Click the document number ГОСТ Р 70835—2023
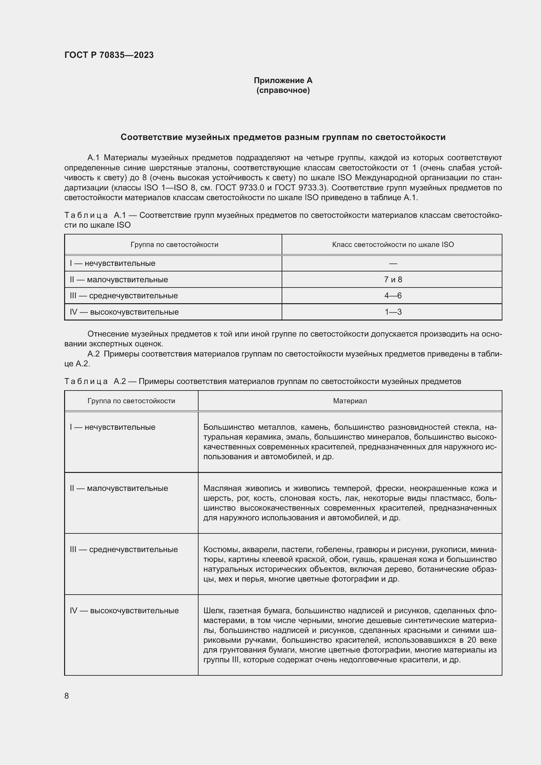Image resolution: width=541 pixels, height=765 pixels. click(109, 55)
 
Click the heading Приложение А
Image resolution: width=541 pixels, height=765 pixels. click(283, 80)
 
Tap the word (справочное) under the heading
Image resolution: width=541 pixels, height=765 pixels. click(283, 90)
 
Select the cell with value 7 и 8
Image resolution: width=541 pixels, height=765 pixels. click(393, 280)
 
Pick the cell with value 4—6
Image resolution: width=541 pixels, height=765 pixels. click(393, 296)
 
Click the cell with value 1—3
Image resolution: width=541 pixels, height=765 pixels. click(393, 312)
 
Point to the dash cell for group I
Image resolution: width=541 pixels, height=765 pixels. click(393, 263)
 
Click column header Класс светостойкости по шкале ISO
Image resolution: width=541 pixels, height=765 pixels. click(393, 245)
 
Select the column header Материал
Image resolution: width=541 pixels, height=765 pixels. click(350, 401)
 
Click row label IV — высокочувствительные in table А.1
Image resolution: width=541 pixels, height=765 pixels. click(124, 312)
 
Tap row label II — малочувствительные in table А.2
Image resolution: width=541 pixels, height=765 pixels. click(119, 488)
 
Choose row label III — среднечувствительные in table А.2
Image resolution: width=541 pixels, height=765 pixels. click(124, 549)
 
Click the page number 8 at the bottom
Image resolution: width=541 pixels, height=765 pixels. click(67, 696)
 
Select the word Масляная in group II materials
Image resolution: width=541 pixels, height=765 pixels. click(222, 488)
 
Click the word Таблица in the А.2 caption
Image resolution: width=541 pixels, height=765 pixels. click(86, 381)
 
